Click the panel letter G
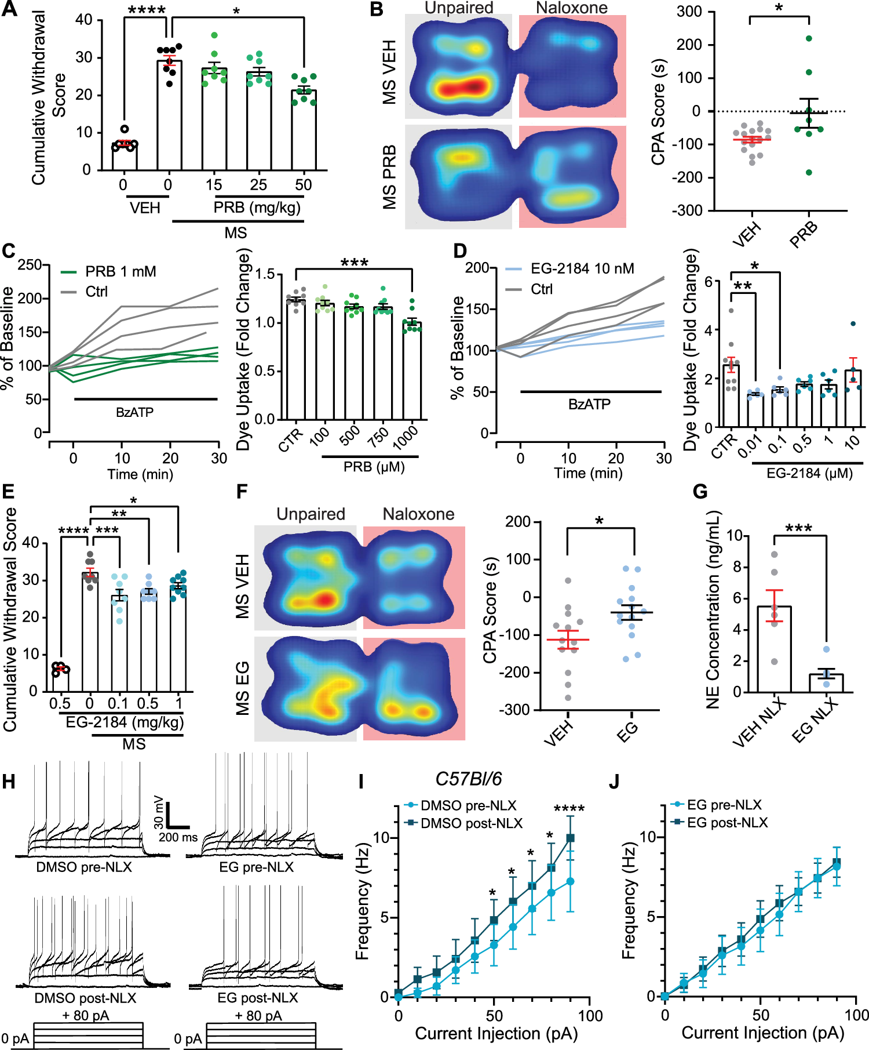pos(700,492)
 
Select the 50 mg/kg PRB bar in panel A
pos(304,130)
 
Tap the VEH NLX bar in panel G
pos(774,649)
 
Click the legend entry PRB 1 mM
pos(120,272)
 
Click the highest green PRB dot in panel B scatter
pos(809,39)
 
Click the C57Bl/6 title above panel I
pos(468,779)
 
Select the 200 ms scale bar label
pos(178,837)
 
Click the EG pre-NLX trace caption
pos(256,867)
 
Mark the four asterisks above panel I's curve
pos(569,809)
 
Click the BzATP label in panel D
pos(589,405)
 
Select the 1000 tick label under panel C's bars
pos(406,438)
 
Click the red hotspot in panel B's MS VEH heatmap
pos(461,88)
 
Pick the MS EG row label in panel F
pos(243,688)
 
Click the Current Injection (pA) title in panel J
pos(762,1033)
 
